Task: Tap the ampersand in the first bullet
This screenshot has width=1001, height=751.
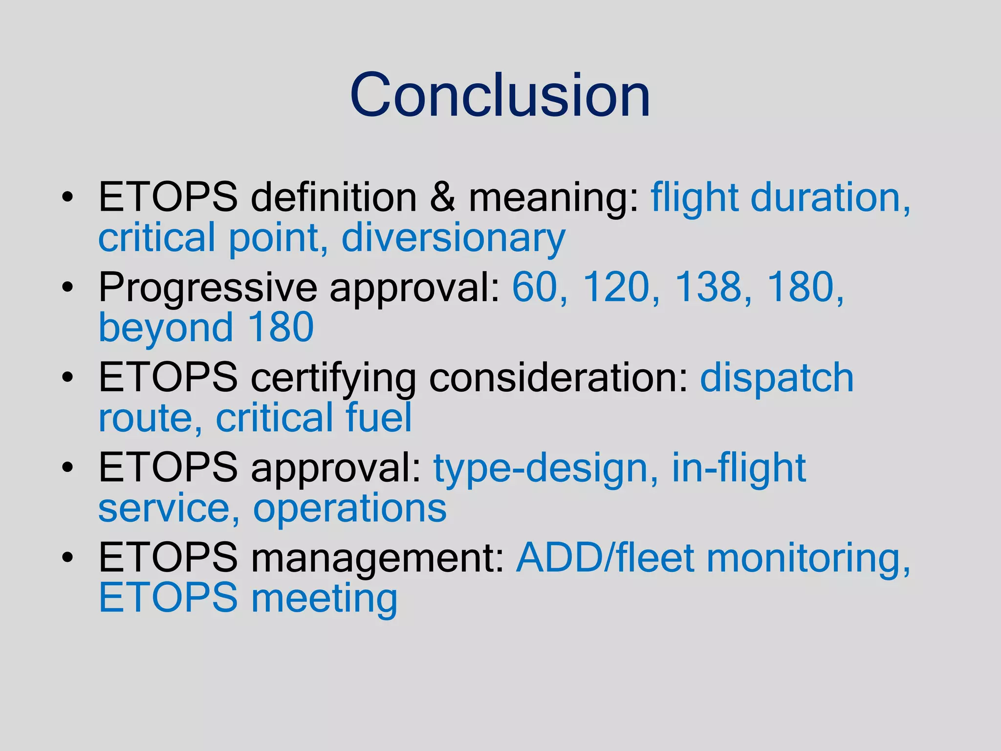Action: (443, 198)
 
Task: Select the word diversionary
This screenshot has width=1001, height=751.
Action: (453, 238)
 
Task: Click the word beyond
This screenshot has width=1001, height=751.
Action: (166, 328)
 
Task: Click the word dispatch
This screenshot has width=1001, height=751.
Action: (777, 377)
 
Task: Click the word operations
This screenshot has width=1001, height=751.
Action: (349, 509)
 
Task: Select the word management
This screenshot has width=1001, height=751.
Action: (377, 559)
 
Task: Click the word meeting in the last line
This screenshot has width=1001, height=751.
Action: (324, 598)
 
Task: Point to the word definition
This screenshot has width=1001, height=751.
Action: (333, 198)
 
